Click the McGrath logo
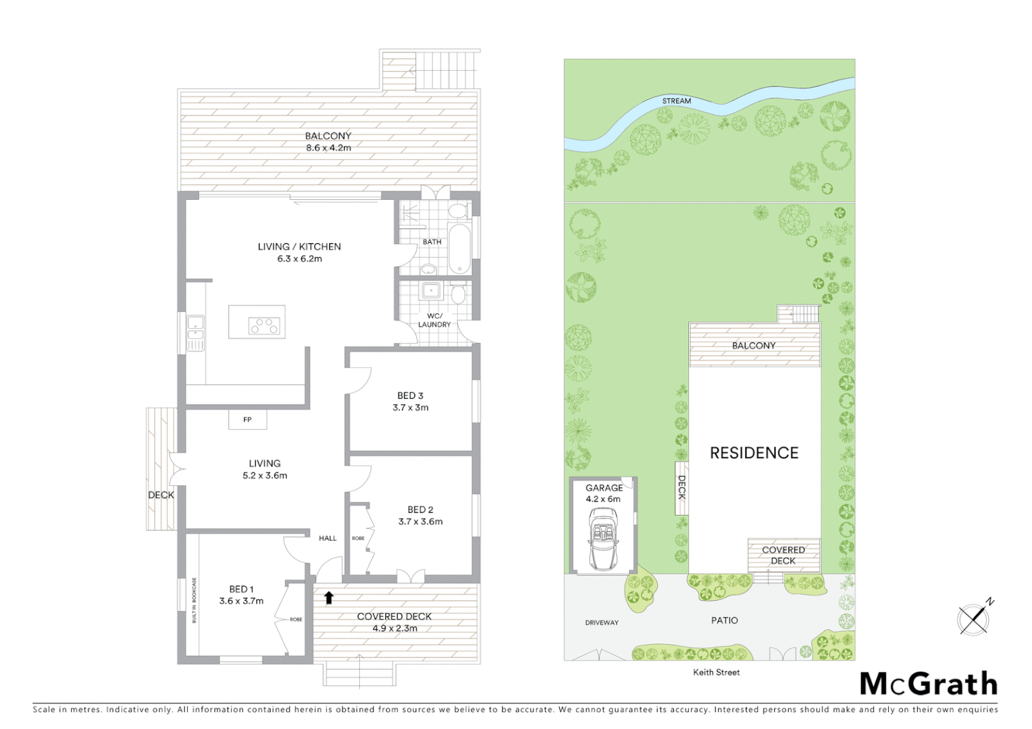tap(929, 684)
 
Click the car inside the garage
tap(602, 538)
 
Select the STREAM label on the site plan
tap(676, 101)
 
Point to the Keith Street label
tap(716, 672)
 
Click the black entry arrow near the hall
tap(329, 597)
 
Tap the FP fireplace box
tap(247, 420)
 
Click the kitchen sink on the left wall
tap(195, 333)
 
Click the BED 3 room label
tap(410, 396)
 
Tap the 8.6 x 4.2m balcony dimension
tap(328, 147)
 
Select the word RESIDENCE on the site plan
tap(754, 453)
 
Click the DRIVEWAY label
tap(601, 622)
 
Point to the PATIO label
tap(724, 620)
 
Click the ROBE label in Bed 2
tap(358, 538)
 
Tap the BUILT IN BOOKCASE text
tap(195, 599)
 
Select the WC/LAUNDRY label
tap(434, 320)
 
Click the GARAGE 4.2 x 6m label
tap(604, 493)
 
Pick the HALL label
tap(328, 538)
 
